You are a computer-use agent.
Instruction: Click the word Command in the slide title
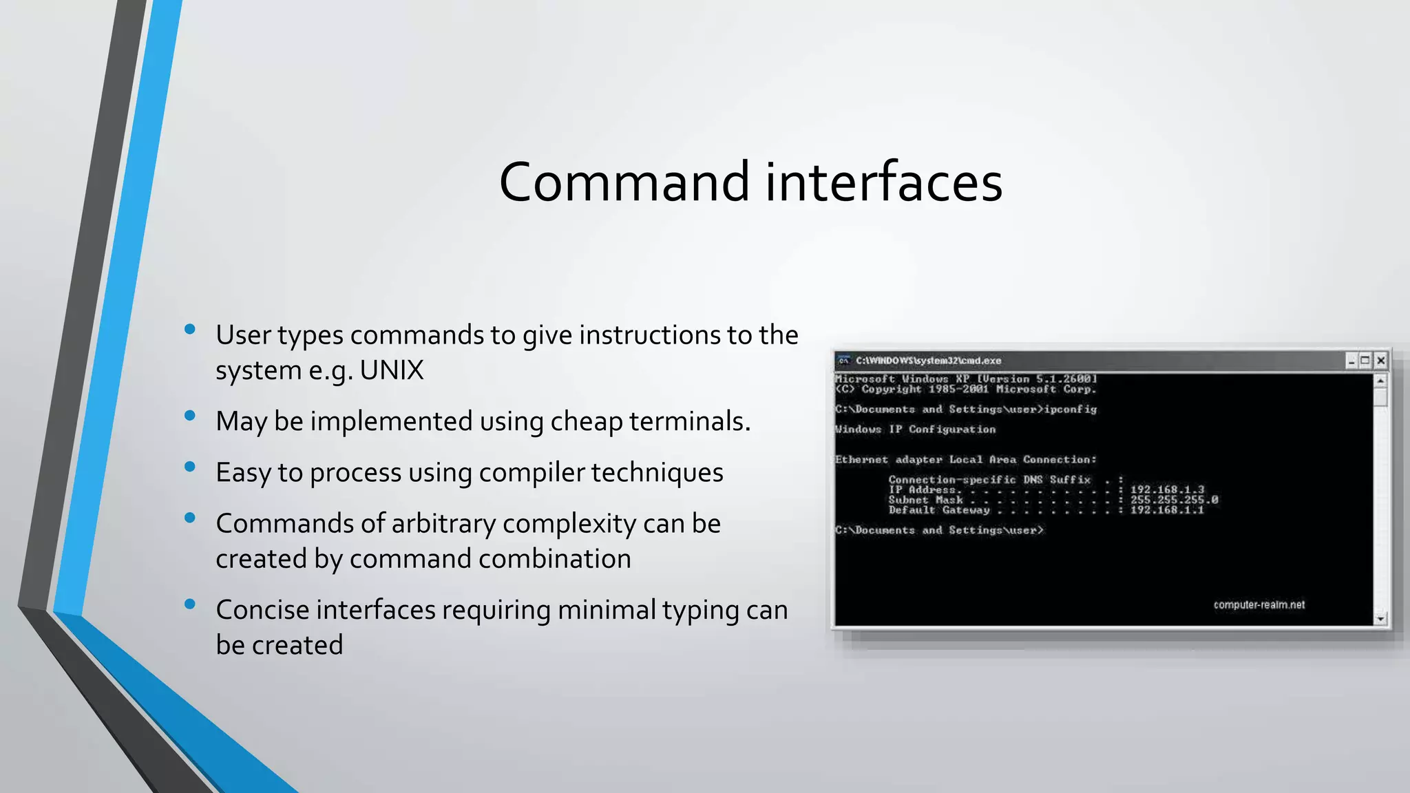(624, 182)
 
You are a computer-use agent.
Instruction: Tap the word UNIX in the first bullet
(391, 370)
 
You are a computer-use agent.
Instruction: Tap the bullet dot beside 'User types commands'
(190, 330)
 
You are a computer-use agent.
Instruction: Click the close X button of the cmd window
(1380, 360)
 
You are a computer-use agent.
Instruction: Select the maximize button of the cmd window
(1365, 360)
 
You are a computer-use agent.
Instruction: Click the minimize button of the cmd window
(1351, 360)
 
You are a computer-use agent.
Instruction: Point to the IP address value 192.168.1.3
(1167, 489)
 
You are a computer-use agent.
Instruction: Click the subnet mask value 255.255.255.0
(1174, 500)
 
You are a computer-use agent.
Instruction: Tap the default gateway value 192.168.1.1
(1167, 510)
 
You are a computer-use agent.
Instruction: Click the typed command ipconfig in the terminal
(1071, 410)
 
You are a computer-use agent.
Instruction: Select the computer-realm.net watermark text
(1259, 605)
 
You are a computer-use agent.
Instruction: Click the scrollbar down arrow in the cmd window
(1380, 619)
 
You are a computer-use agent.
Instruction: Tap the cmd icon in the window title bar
(843, 360)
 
